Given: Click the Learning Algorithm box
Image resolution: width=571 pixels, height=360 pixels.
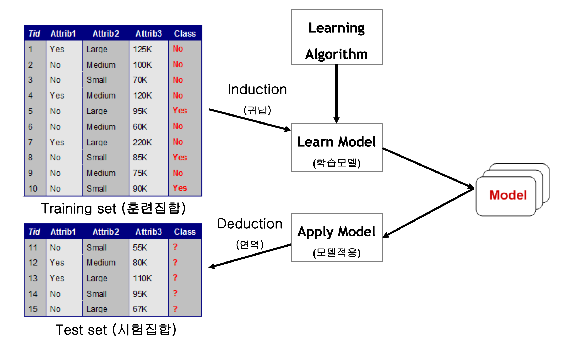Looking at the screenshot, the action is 337,37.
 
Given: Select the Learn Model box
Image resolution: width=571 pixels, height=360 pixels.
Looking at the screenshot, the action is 337,148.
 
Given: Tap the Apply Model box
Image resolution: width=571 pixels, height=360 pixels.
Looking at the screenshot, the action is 337,238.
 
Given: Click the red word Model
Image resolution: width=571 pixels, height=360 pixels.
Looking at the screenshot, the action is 508,195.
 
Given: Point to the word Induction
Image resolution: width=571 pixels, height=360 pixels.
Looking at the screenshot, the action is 257,90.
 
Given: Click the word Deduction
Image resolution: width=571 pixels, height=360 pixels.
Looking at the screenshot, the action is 250,224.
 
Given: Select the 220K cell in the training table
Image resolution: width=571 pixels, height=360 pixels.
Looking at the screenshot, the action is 142,142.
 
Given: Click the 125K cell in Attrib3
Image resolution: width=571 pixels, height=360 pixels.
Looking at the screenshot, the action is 142,49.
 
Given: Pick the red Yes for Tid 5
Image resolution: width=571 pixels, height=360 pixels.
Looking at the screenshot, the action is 180,111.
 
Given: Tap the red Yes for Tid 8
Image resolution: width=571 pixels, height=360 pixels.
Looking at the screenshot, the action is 180,157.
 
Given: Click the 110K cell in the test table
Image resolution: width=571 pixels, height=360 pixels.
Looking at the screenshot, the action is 142,278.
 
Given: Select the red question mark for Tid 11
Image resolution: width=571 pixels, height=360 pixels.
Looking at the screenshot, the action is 175,247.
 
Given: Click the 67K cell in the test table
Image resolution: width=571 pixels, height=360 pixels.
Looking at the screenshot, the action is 140,309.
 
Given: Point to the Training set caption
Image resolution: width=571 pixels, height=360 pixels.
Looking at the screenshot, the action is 113,208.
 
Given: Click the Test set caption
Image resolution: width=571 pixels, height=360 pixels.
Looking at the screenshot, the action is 116,330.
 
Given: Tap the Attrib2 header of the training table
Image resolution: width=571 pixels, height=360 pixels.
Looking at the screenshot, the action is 106,34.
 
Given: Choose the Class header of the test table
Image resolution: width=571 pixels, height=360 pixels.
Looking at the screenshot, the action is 185,232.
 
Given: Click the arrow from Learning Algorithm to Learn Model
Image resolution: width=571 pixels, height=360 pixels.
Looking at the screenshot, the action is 337,93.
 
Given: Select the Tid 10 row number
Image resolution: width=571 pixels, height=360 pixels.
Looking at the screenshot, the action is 33,189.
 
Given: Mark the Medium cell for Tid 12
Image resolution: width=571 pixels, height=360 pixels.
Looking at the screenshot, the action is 101,263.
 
